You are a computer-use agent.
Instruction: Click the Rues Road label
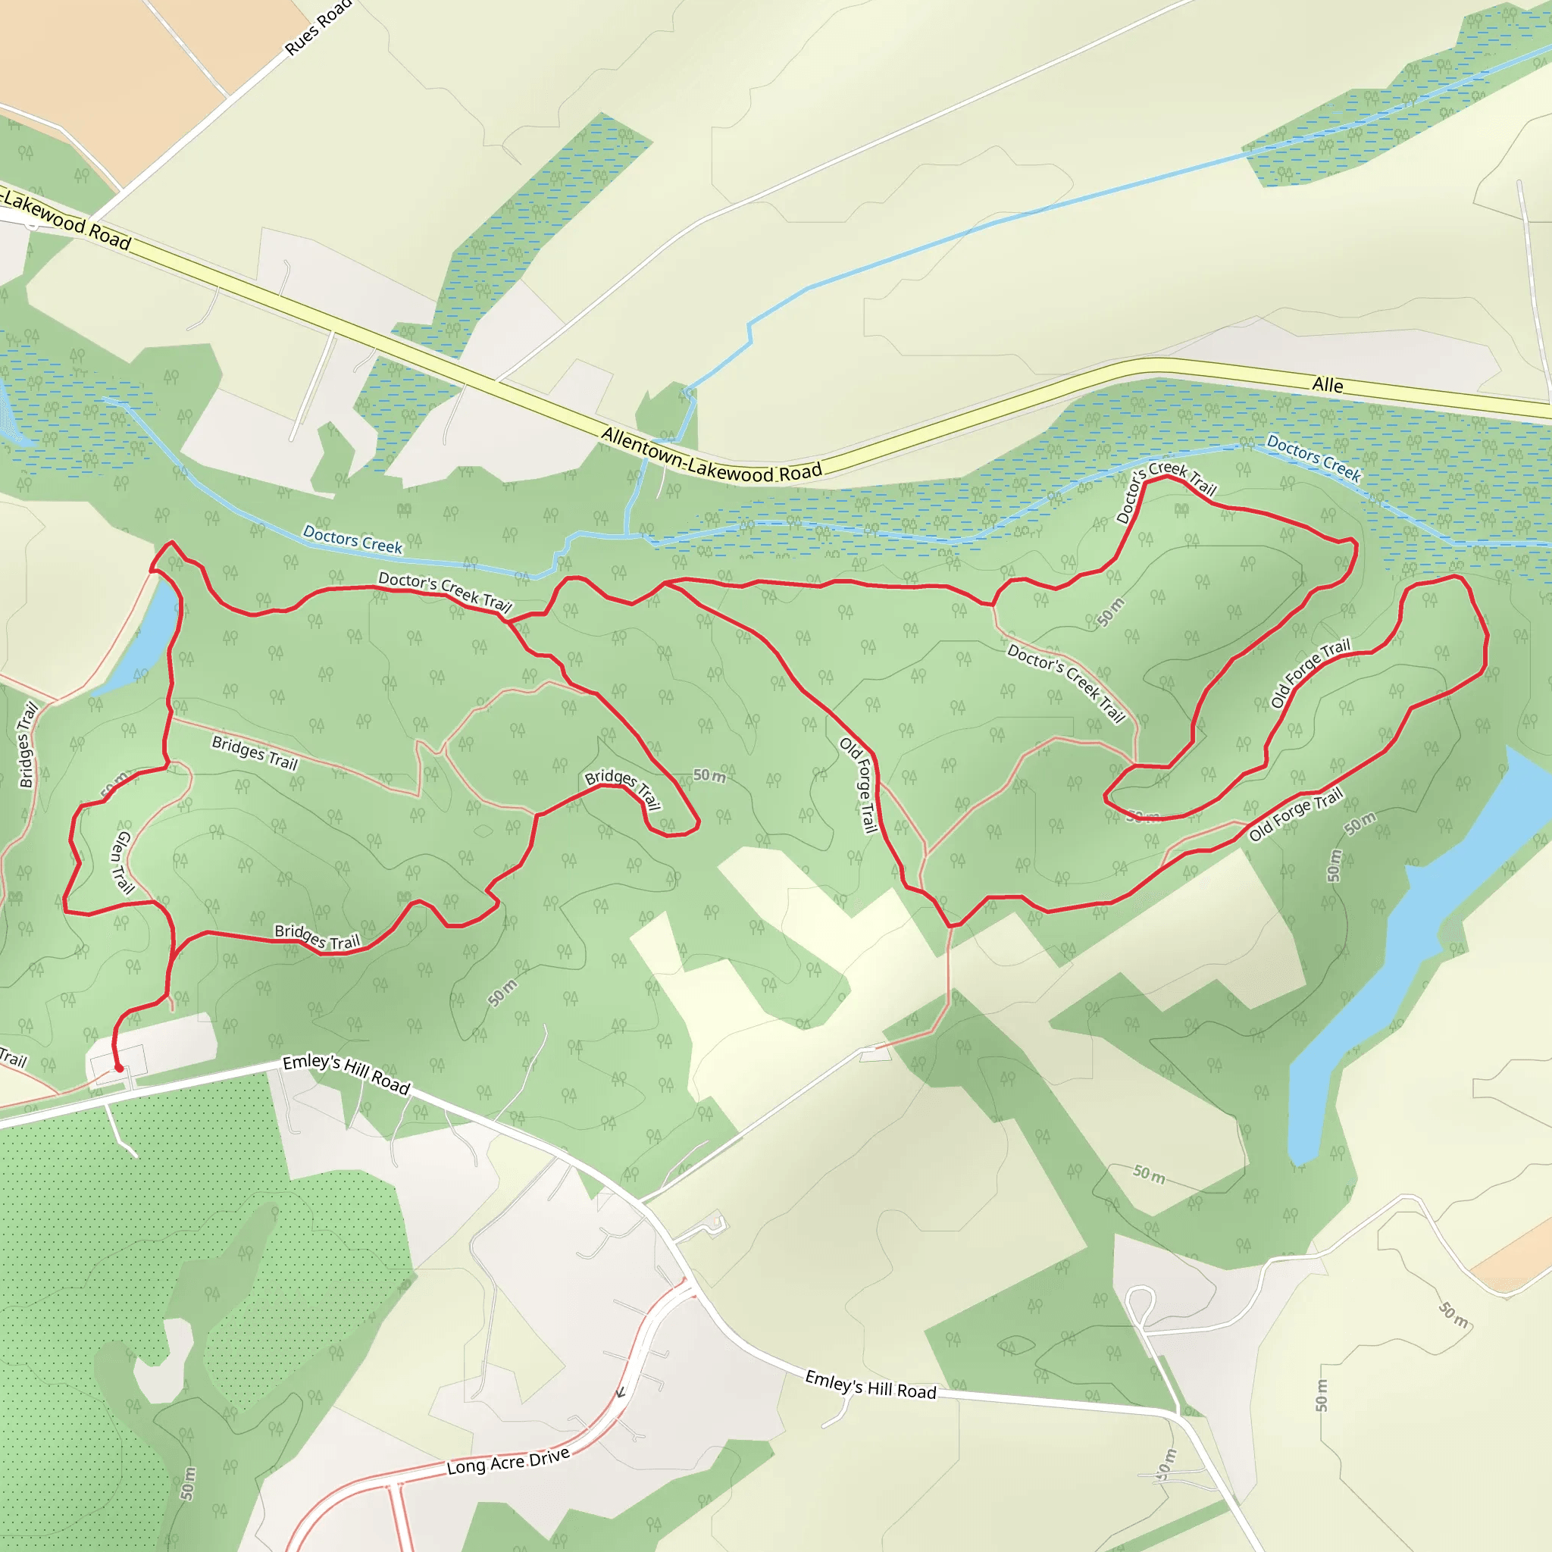click(x=318, y=28)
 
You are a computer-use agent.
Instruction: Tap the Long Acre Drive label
click(x=508, y=1461)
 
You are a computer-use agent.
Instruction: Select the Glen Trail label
click(x=121, y=862)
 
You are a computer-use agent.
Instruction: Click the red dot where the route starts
click(x=119, y=1069)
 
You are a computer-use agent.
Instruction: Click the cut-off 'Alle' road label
click(x=1327, y=386)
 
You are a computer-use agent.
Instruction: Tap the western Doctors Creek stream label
click(x=352, y=539)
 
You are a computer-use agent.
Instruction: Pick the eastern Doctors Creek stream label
click(x=1313, y=457)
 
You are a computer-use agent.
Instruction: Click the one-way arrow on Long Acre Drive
click(x=620, y=1392)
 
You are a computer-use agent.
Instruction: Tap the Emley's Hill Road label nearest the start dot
click(x=346, y=1073)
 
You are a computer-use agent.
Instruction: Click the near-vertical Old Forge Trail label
click(x=859, y=785)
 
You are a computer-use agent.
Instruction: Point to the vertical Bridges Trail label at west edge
click(x=28, y=745)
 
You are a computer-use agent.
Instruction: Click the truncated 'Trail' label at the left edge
click(x=12, y=1058)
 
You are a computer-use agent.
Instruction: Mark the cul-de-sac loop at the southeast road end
click(x=1140, y=1298)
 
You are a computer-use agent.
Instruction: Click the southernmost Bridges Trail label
click(x=318, y=937)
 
